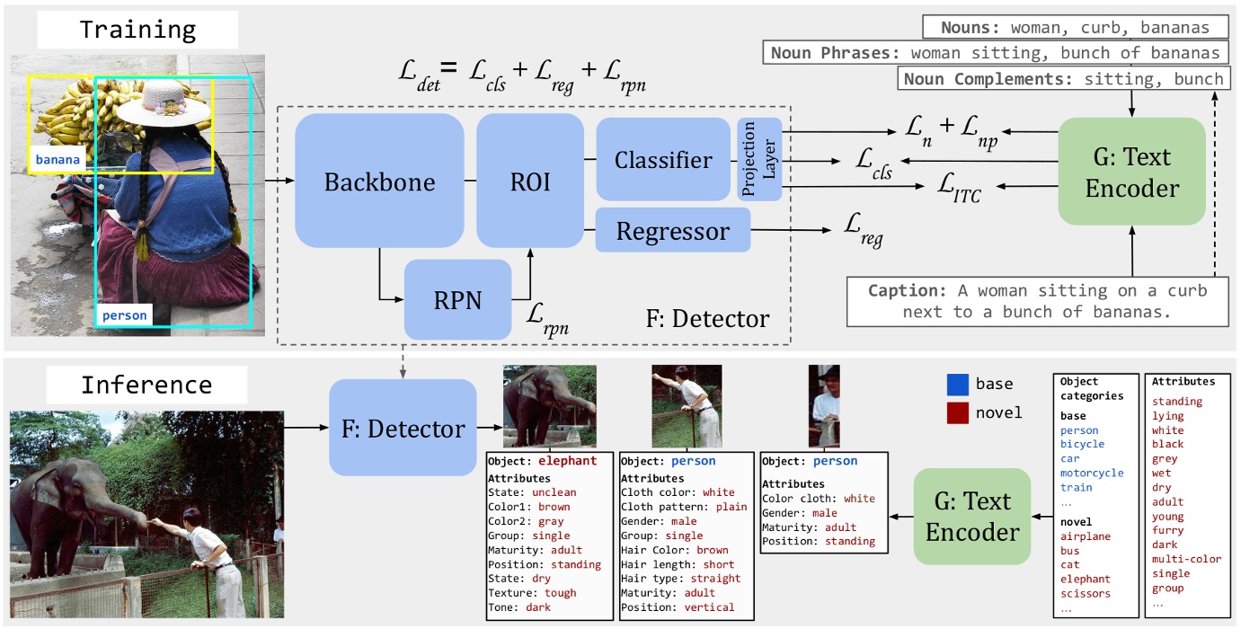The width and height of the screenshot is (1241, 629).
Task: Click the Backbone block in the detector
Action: point(379,182)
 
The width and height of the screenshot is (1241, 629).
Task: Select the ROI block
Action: point(530,182)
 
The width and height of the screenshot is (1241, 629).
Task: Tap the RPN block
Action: point(457,299)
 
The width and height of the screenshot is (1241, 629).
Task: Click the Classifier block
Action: point(663,160)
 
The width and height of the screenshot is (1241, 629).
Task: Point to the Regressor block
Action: point(672,232)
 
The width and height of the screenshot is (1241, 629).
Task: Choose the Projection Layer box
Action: point(760,159)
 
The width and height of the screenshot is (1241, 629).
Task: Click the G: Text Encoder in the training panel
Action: point(1130,172)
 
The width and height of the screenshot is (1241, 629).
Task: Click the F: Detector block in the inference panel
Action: point(403,428)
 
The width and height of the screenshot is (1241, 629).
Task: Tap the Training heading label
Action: point(137,30)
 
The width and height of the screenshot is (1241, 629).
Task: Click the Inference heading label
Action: point(146,385)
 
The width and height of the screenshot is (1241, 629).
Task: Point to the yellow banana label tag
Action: point(58,160)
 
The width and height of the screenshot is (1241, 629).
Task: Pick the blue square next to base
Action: point(958,385)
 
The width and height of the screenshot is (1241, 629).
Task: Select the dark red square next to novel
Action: point(958,412)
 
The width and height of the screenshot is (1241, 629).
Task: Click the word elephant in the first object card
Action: point(567,461)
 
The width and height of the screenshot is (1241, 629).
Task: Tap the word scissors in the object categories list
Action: point(1085,593)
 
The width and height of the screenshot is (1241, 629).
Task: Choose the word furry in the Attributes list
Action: point(1168,530)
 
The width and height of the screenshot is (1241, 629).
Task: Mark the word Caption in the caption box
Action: point(900,291)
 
